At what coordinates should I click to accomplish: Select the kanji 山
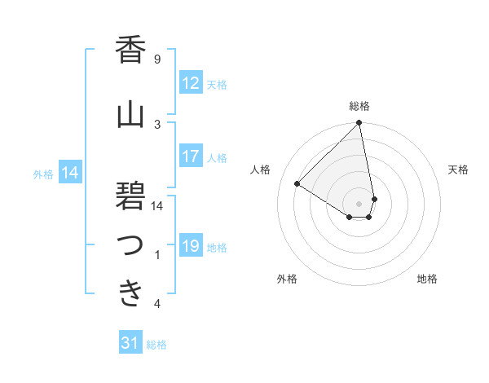130,115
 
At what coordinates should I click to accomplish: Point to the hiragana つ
130,245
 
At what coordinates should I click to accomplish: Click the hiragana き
130,293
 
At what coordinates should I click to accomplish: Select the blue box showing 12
190,82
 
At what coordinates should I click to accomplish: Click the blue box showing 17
190,156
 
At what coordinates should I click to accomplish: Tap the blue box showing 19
190,246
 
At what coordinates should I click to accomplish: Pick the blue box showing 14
70,173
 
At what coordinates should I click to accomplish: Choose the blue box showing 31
130,343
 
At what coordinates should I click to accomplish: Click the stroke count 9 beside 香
157,59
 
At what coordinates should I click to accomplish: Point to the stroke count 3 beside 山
157,124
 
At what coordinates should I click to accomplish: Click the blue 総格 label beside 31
156,345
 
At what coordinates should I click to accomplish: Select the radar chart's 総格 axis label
359,106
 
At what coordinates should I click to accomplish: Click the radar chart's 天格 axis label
458,169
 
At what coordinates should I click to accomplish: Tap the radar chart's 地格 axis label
427,280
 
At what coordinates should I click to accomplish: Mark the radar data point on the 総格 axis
359,124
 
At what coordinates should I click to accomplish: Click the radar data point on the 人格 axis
297,183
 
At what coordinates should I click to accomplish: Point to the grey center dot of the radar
359,203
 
